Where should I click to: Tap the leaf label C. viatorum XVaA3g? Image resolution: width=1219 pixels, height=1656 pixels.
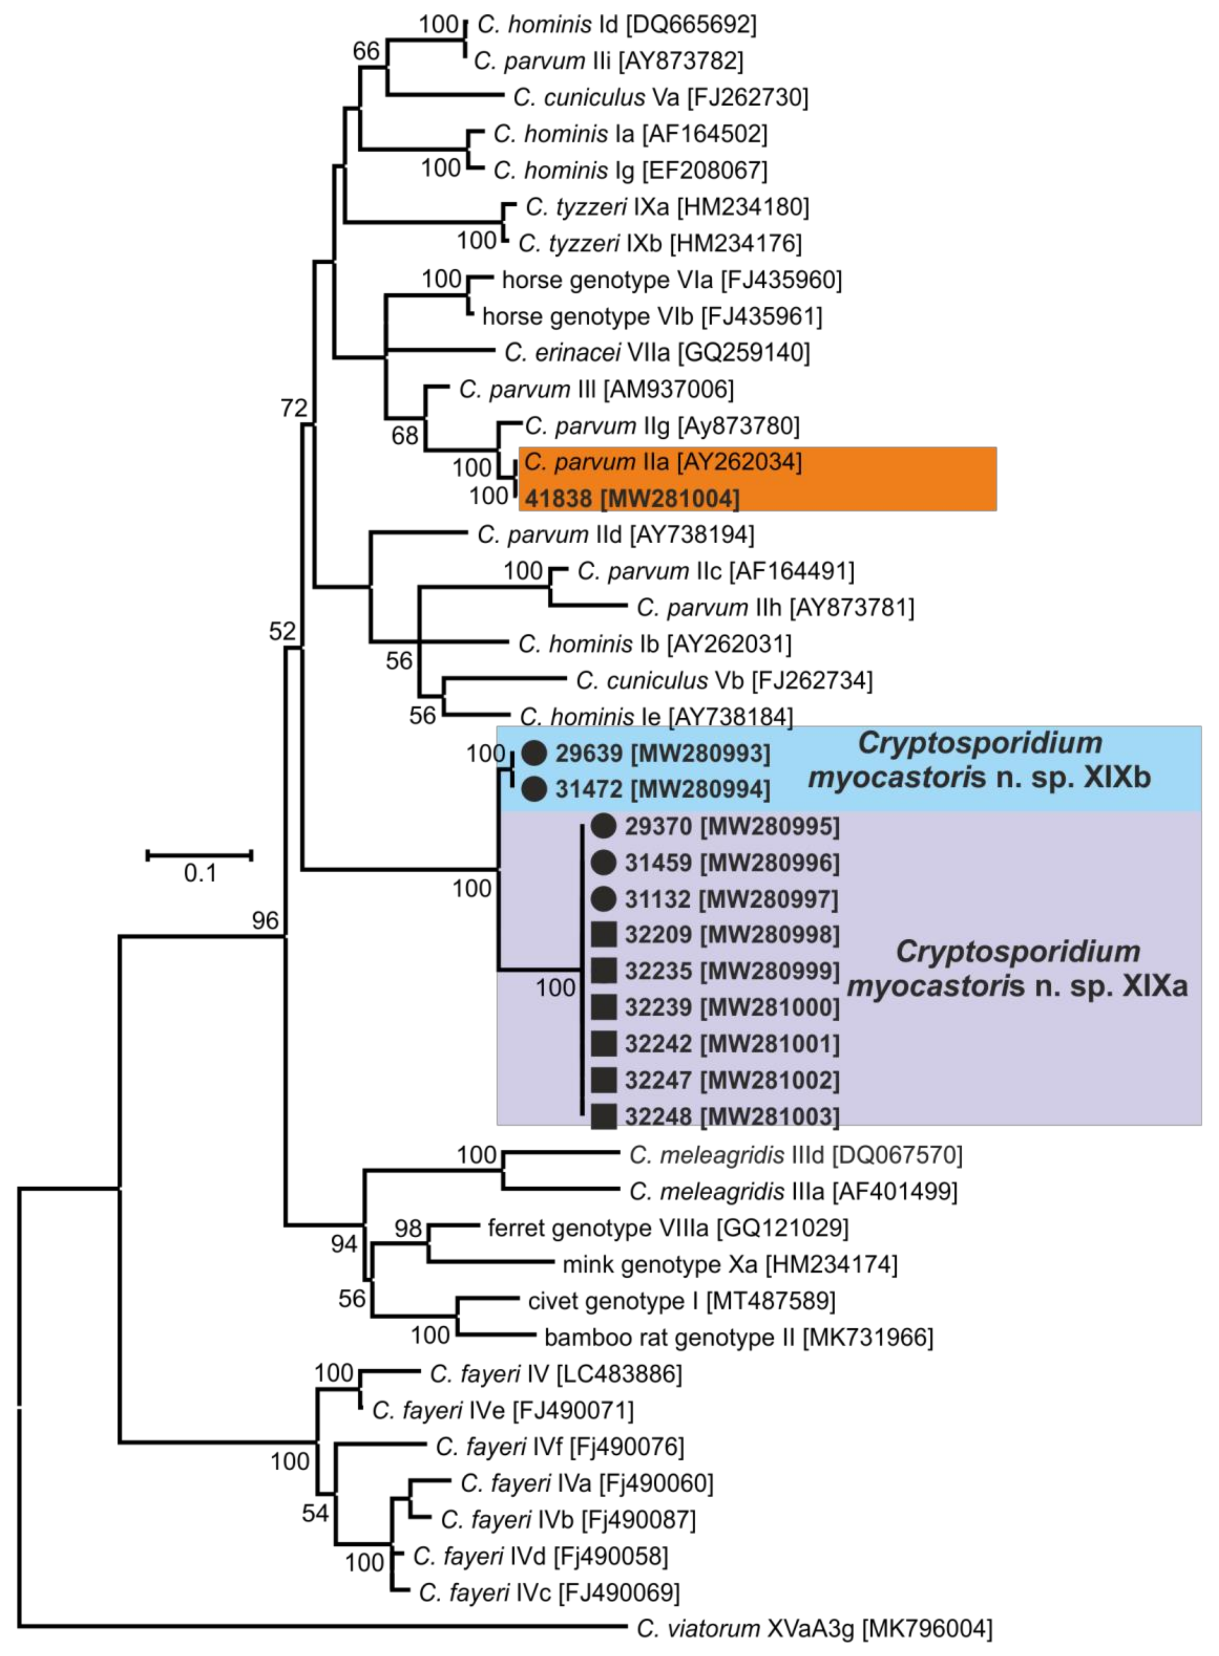[x=814, y=1628]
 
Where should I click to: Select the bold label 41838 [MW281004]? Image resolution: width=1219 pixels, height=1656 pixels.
[x=632, y=499]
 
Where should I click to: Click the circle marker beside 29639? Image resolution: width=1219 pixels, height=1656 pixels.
[x=534, y=753]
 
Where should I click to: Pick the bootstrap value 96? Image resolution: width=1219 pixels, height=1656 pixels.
[x=265, y=920]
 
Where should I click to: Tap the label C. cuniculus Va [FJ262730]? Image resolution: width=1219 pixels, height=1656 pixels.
[x=660, y=97]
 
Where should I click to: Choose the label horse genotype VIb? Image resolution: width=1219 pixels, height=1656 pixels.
[x=652, y=317]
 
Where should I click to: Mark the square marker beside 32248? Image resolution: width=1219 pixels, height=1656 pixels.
[x=604, y=1117]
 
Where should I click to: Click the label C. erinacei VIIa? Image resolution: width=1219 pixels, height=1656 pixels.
[x=657, y=353]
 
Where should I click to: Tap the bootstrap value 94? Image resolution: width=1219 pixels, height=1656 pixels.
[x=344, y=1244]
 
